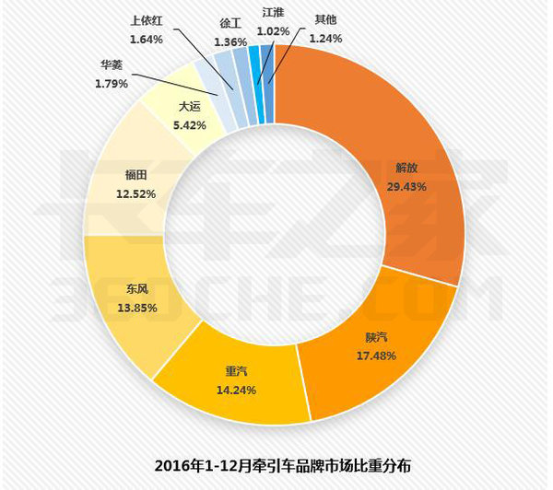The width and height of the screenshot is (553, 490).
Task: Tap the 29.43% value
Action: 406,184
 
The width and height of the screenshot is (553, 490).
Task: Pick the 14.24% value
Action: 238,389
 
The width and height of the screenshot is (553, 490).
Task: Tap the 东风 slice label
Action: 135,289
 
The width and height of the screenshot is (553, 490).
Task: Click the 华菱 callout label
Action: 112,65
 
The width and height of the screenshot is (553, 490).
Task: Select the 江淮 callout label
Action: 274,13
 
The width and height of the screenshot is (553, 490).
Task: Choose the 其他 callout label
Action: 324,18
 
